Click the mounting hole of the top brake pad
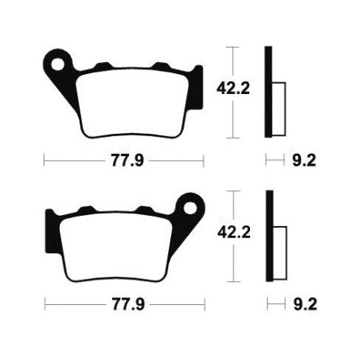coord(58,65)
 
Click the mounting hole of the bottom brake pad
coord(190,208)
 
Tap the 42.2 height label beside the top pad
coord(233,88)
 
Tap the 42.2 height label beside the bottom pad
coord(234,233)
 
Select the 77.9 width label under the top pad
coord(127,160)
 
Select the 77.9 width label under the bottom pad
coord(128,304)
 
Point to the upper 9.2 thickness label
coord(304,160)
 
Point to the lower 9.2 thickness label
coord(305,304)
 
